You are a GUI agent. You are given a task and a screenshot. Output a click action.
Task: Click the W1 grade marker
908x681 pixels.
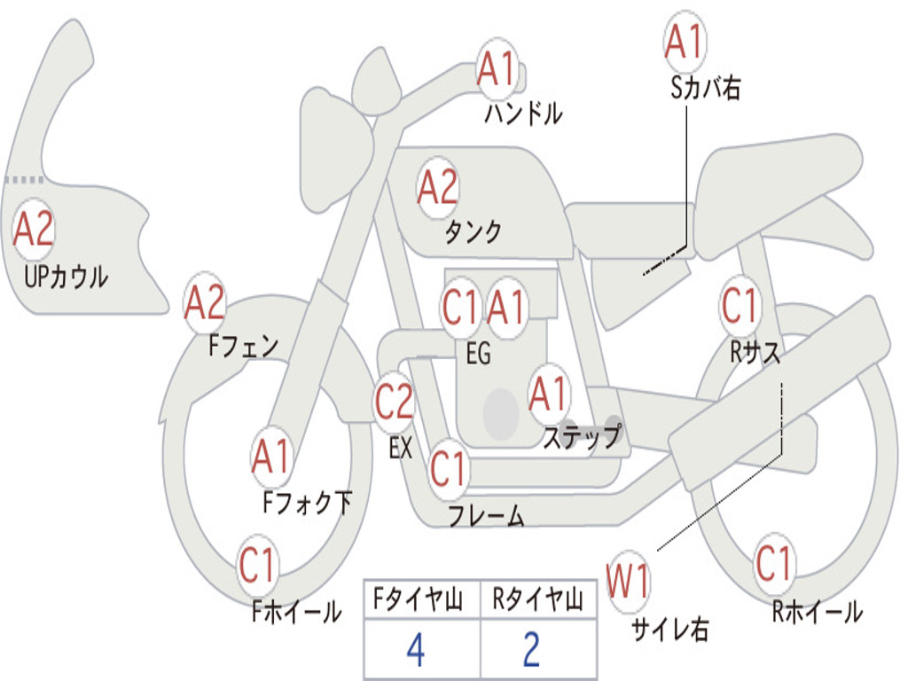[x=628, y=581]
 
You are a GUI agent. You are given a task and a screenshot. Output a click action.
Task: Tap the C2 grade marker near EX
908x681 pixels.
[x=395, y=401]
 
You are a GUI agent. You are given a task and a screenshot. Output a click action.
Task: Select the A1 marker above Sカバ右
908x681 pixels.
[x=685, y=42]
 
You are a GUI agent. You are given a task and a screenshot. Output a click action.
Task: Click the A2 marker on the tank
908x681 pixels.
[x=438, y=188]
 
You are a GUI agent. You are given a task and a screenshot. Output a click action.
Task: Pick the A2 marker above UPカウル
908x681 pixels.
[x=34, y=230]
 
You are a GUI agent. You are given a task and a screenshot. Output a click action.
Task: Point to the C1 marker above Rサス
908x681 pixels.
[x=740, y=304]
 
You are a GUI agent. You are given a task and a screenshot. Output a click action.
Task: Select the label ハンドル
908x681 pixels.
[x=523, y=113]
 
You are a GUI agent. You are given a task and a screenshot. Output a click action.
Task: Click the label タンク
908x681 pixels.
[x=474, y=231]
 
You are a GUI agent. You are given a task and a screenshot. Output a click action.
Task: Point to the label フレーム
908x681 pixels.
[x=487, y=515]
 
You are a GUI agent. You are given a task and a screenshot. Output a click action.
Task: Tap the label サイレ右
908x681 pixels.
[x=669, y=629]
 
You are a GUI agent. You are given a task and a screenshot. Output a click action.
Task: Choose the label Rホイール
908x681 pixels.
[x=817, y=612]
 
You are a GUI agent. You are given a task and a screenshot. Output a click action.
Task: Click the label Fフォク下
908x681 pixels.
[x=307, y=503]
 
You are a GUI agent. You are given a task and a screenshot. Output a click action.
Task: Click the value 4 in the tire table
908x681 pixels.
[x=416, y=650]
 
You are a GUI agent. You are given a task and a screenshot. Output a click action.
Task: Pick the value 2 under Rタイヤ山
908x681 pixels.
[x=532, y=650]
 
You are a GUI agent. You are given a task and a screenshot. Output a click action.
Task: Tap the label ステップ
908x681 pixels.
[x=582, y=437]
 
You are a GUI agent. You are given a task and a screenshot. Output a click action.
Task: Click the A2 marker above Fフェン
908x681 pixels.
[x=205, y=303]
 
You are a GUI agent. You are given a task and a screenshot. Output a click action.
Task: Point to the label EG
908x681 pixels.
[x=478, y=353]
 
